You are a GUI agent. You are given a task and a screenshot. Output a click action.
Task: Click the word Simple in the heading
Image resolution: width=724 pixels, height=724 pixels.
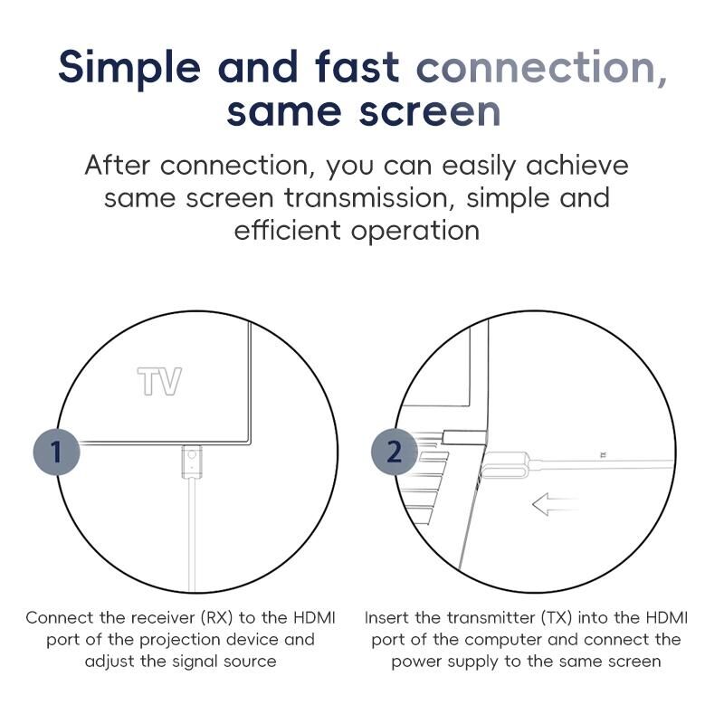[x=129, y=68]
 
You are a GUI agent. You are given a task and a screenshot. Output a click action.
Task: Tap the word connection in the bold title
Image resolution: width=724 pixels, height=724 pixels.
[x=542, y=67]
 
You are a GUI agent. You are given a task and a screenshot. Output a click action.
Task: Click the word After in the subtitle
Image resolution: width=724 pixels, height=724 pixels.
[x=118, y=165]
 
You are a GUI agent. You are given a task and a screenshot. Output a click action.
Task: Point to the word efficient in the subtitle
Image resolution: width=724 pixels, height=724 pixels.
[x=288, y=230]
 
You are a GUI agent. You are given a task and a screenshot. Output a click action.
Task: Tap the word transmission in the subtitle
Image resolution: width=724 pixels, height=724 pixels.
[x=367, y=198]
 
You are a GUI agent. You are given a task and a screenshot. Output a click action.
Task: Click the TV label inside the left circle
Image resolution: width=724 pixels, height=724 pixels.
[x=160, y=381]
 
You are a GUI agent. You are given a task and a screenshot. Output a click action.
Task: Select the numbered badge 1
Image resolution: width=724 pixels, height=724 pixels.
[x=56, y=452]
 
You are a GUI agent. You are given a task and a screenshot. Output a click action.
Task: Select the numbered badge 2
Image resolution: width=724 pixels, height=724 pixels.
[x=395, y=452]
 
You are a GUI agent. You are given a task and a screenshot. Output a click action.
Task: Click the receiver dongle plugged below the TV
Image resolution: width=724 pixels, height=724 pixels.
[x=192, y=462]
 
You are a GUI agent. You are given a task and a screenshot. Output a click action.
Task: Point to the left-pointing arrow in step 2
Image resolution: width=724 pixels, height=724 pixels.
[x=555, y=504]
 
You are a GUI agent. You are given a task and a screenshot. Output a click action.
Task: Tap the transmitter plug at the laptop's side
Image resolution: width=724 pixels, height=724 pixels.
[x=505, y=465]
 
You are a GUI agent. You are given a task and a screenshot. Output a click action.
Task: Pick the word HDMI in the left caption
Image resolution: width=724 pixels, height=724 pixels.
[x=314, y=618]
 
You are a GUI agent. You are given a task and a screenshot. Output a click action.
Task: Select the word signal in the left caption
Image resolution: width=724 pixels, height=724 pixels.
[x=195, y=662]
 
